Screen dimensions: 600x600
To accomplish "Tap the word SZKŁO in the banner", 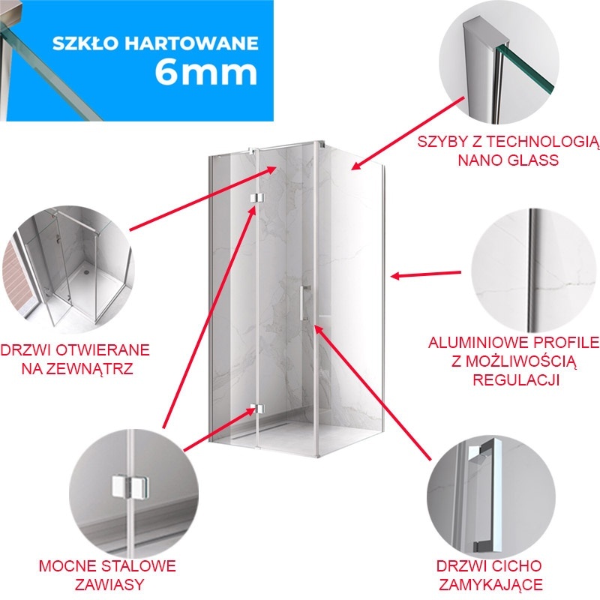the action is (86, 43).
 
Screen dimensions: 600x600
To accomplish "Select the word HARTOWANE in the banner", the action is (192, 43).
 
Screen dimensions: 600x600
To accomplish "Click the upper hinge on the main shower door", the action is (256, 198).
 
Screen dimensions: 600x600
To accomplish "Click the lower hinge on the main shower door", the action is (256, 409).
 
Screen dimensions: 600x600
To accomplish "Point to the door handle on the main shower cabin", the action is (304, 302).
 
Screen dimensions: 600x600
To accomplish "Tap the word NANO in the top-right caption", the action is (479, 160).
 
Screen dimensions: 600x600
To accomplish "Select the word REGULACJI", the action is (516, 379).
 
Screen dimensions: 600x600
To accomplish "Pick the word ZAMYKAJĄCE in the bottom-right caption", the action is (490, 584).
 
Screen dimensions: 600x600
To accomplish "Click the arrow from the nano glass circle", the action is (408, 133).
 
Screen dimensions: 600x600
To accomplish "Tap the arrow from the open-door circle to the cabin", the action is (202, 198).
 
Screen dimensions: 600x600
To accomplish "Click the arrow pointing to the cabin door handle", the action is (373, 391).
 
